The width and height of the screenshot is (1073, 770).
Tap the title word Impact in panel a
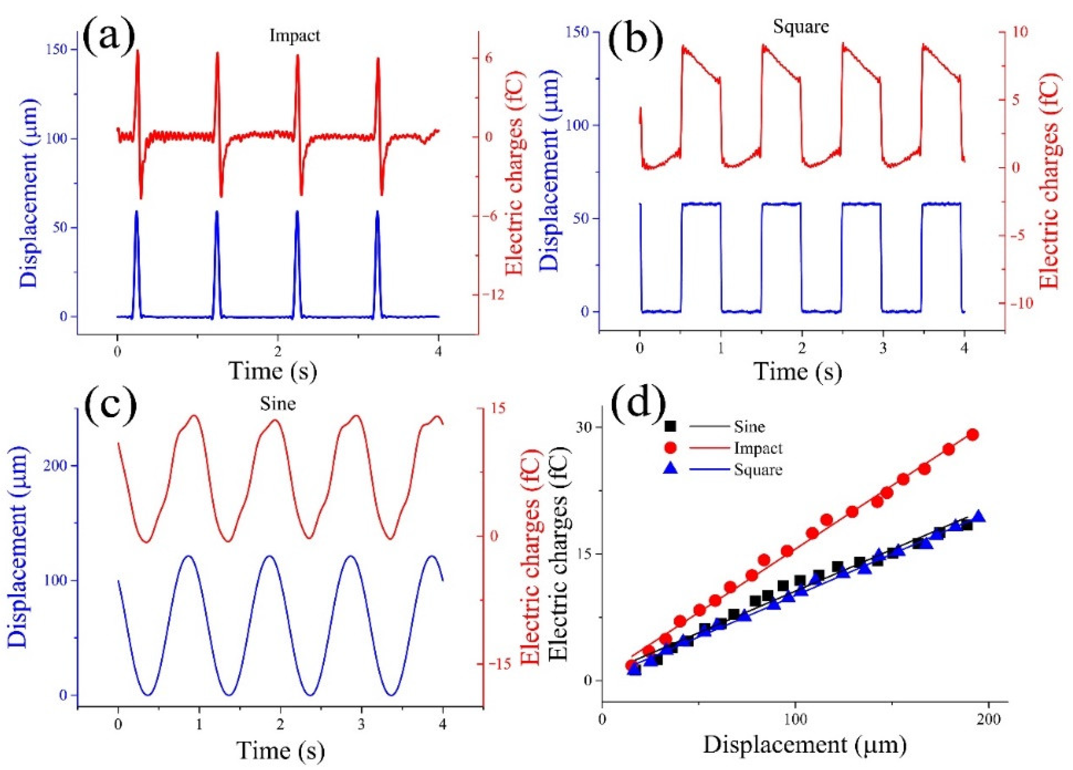point(295,36)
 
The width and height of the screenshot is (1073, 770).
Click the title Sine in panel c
point(278,404)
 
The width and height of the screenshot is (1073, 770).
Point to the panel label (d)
point(638,408)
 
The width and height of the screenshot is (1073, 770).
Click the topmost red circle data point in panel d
point(973,434)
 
